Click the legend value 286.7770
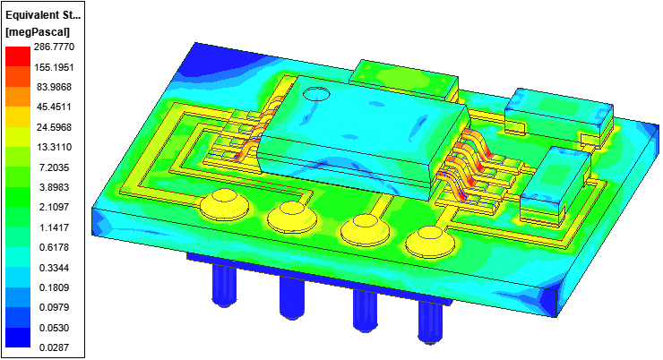pos(54,47)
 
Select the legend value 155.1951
pos(54,67)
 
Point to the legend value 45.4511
pos(54,107)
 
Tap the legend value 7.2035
pos(54,167)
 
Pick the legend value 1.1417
pos(54,227)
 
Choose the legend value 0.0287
pos(54,347)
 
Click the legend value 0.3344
pos(54,268)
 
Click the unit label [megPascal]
pos(38,32)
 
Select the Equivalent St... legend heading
pos(43,15)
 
